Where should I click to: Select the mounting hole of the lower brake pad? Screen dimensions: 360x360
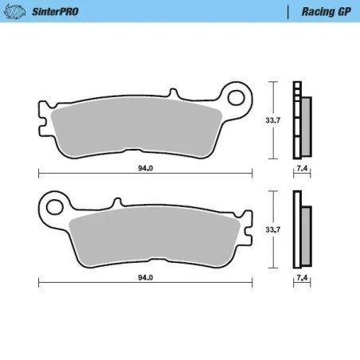click(54, 207)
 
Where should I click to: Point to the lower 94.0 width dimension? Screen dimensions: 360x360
click(144, 278)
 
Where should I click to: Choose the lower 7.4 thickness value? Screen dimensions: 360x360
click(300, 278)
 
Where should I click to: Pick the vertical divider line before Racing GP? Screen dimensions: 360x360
click(288, 11)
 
